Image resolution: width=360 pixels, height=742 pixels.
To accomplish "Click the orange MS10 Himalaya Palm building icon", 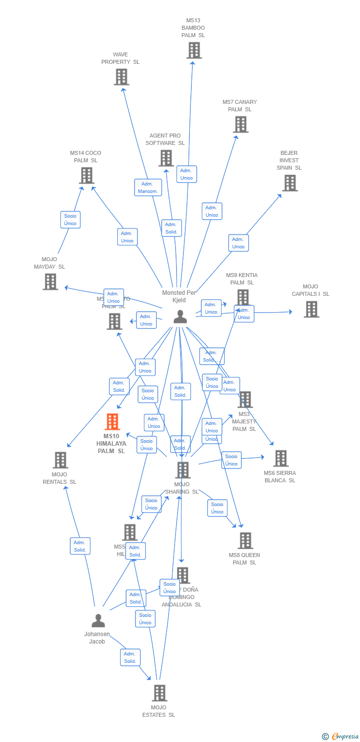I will click(113, 422).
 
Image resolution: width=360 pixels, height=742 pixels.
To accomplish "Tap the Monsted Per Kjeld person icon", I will click(180, 317).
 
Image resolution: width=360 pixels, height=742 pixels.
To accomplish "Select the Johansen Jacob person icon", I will click(98, 620).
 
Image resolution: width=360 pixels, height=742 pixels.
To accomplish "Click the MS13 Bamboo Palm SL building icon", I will click(194, 50).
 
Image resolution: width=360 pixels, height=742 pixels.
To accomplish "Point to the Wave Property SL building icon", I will click(121, 77).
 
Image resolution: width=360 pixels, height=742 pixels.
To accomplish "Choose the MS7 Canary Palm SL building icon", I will click(241, 125).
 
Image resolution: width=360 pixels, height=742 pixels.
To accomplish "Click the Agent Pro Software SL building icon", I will click(166, 158).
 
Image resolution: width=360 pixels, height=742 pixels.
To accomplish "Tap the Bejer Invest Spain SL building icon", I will click(289, 183).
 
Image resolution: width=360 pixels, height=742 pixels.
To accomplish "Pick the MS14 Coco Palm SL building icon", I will click(87, 176).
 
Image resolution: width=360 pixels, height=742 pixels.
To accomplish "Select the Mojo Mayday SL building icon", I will click(50, 282).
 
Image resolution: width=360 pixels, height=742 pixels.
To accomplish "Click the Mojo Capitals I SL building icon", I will click(311, 309).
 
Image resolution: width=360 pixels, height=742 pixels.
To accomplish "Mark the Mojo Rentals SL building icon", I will click(60, 460).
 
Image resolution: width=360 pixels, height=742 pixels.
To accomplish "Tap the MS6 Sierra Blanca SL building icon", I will click(280, 459).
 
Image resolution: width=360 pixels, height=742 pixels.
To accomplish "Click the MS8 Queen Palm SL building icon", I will click(245, 541).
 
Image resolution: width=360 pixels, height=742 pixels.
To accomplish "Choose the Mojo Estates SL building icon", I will click(159, 693).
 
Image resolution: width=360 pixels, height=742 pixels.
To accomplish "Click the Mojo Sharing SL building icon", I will click(183, 470).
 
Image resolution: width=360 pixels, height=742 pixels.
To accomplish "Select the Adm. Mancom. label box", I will click(148, 187).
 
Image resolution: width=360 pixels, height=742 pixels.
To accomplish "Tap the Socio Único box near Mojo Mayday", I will click(70, 220).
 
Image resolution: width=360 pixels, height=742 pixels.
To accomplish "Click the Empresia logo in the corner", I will click(341, 737).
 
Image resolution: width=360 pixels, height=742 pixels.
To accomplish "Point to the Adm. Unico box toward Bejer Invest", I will click(238, 243).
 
